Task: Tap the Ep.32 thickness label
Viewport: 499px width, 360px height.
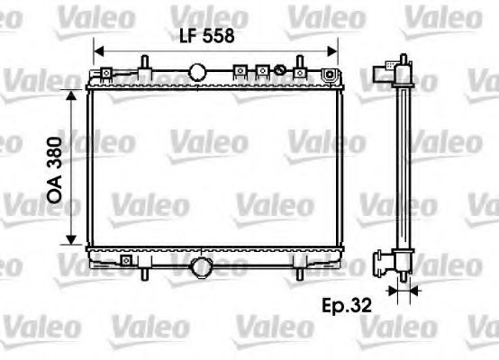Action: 347,304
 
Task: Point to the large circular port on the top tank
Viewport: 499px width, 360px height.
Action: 198,72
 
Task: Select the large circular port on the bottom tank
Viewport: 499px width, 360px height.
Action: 203,266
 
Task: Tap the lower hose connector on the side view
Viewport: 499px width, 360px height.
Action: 383,264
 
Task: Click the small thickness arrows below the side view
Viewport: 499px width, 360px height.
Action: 402,290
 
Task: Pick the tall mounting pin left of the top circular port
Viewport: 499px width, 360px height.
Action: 144,66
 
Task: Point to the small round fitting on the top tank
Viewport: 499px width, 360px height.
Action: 280,70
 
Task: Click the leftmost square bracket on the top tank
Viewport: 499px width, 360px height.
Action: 240,70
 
